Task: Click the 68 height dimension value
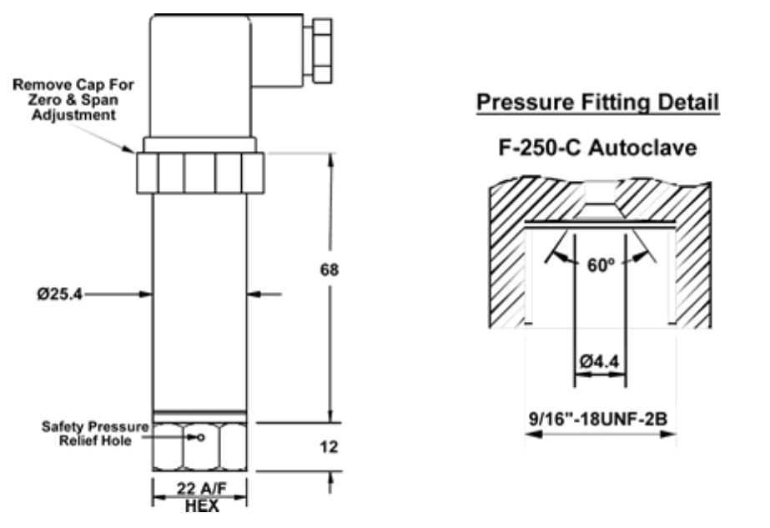(330, 270)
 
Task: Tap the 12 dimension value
(330, 447)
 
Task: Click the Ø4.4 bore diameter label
(600, 363)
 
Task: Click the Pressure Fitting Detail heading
(597, 103)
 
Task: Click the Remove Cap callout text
(73, 99)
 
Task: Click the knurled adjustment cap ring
(199, 173)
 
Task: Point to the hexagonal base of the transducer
(199, 446)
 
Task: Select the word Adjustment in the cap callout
(73, 115)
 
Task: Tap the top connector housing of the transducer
(199, 75)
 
